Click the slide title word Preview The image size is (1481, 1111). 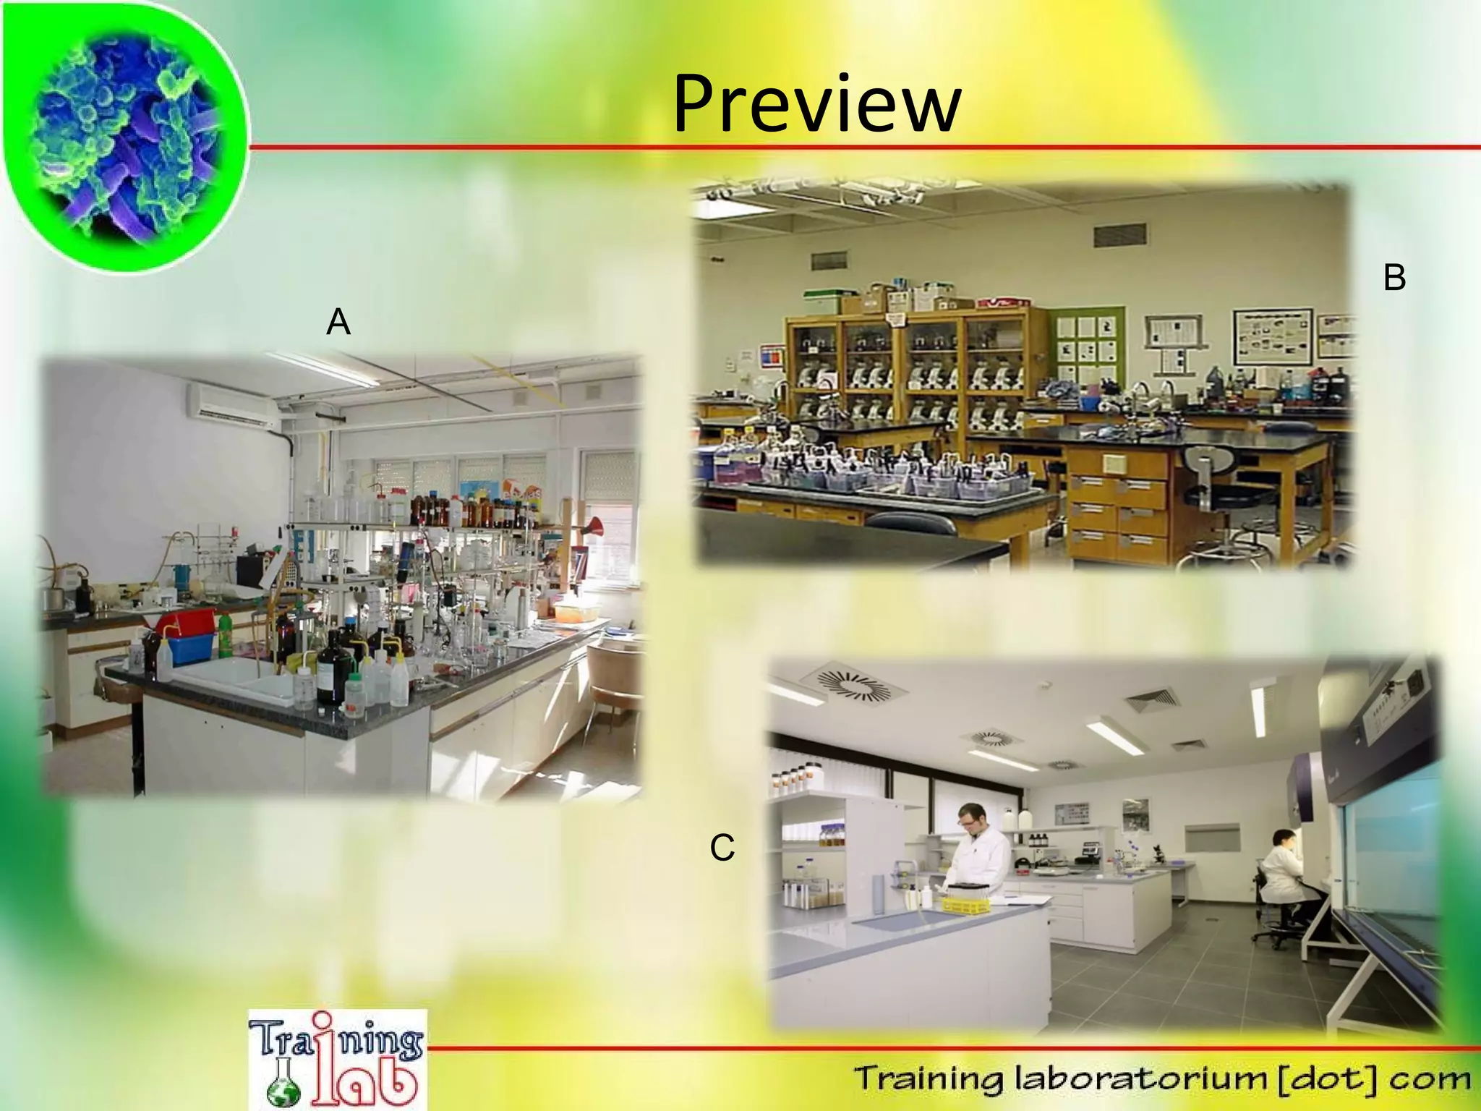click(816, 105)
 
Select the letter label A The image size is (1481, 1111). click(338, 322)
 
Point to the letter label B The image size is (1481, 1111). click(1393, 278)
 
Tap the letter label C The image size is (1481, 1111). click(722, 848)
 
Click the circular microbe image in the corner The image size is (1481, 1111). click(123, 134)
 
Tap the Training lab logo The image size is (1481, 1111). click(337, 1060)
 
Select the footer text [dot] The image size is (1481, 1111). click(1331, 1080)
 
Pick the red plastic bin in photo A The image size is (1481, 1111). click(187, 623)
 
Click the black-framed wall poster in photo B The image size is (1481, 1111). click(1272, 337)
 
